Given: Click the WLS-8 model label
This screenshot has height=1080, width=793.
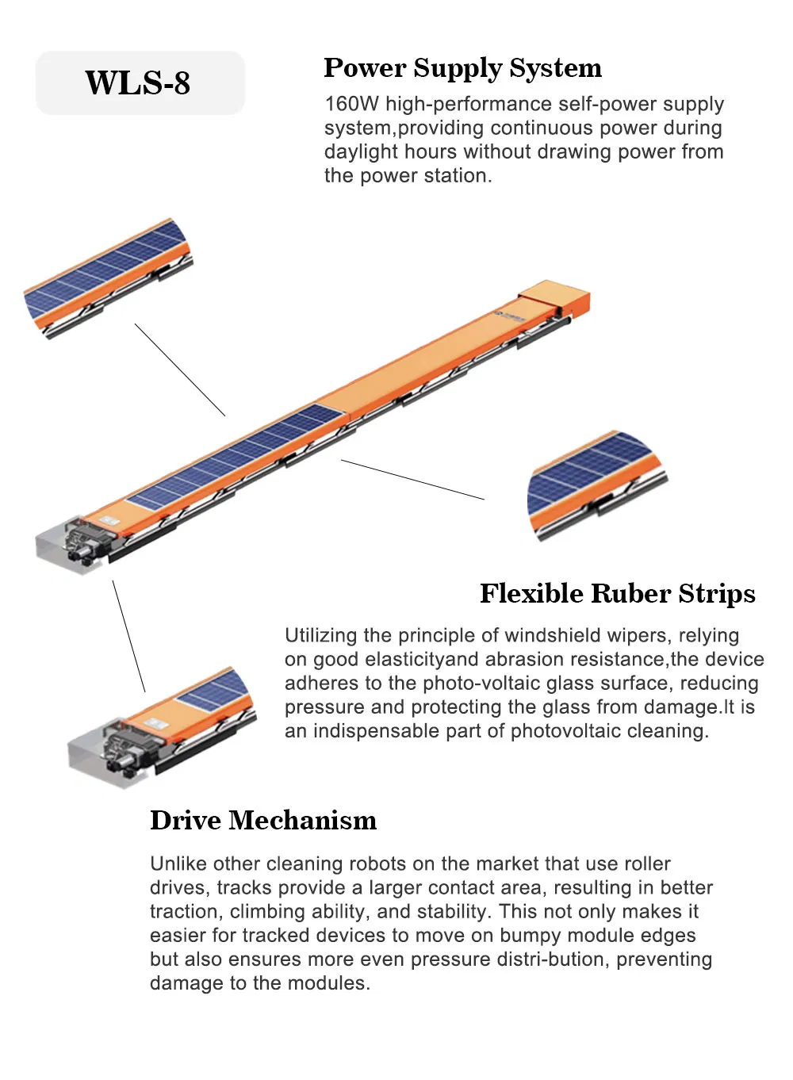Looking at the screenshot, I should point(138,83).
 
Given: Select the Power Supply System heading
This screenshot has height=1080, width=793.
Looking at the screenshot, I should point(462,68).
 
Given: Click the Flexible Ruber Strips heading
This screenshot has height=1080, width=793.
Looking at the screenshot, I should point(617,594).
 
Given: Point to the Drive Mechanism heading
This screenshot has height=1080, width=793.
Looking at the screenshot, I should point(263,821).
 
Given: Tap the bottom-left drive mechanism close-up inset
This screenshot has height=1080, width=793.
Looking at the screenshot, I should point(163,726).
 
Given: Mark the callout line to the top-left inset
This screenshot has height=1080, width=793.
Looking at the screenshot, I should point(180,370).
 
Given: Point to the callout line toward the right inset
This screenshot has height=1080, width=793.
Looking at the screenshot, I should point(412,480).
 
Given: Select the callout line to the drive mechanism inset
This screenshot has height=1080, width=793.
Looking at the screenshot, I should point(128,636).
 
